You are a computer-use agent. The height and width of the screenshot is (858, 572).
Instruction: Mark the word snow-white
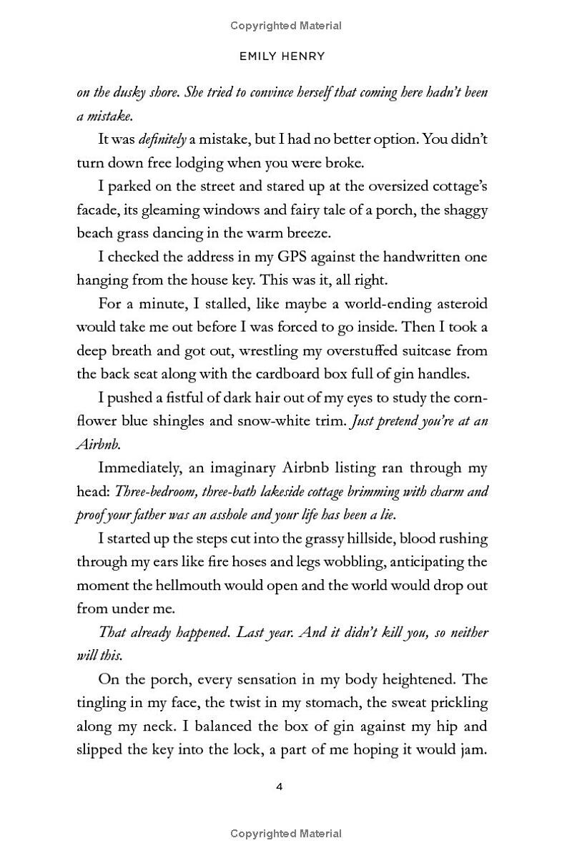[x=272, y=420]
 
